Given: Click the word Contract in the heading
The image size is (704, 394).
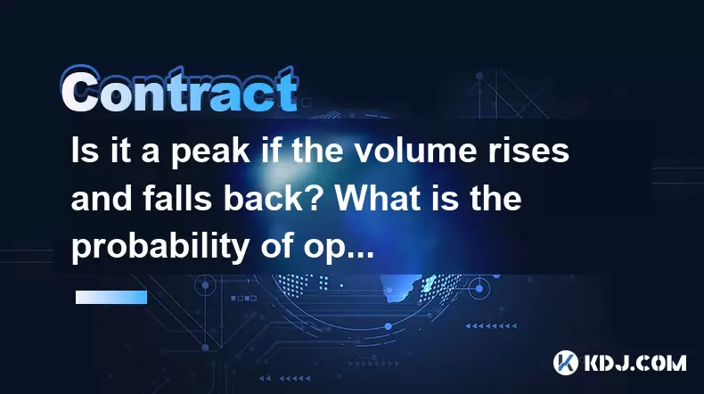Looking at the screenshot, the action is click(180, 89).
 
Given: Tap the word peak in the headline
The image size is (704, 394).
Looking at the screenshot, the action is click(210, 152).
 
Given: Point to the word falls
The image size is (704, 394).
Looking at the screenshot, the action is click(177, 198).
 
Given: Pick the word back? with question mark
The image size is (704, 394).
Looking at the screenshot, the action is click(274, 198).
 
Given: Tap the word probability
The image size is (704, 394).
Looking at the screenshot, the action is click(160, 248).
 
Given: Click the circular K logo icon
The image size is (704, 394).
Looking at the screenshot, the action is click(565, 363).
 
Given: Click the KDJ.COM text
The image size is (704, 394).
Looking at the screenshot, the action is click(634, 363).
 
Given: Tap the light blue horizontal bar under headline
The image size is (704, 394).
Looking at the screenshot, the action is click(111, 297).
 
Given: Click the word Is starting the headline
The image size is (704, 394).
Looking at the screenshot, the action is click(84, 151).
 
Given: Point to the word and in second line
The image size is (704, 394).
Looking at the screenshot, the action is click(101, 198).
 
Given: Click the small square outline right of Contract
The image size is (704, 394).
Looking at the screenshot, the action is click(306, 103).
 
